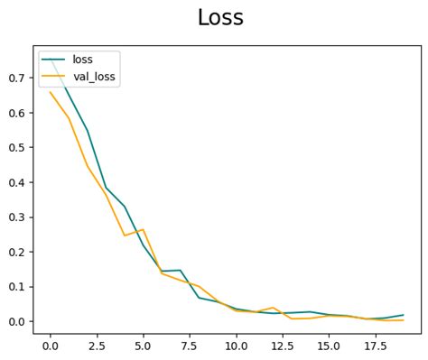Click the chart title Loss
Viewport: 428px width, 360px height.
pyautogui.click(x=220, y=18)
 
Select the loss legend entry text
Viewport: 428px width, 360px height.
pyautogui.click(x=83, y=60)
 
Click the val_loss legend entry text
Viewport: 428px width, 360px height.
pyautogui.click(x=96, y=78)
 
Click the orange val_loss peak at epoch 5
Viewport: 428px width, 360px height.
pyautogui.click(x=143, y=229)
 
